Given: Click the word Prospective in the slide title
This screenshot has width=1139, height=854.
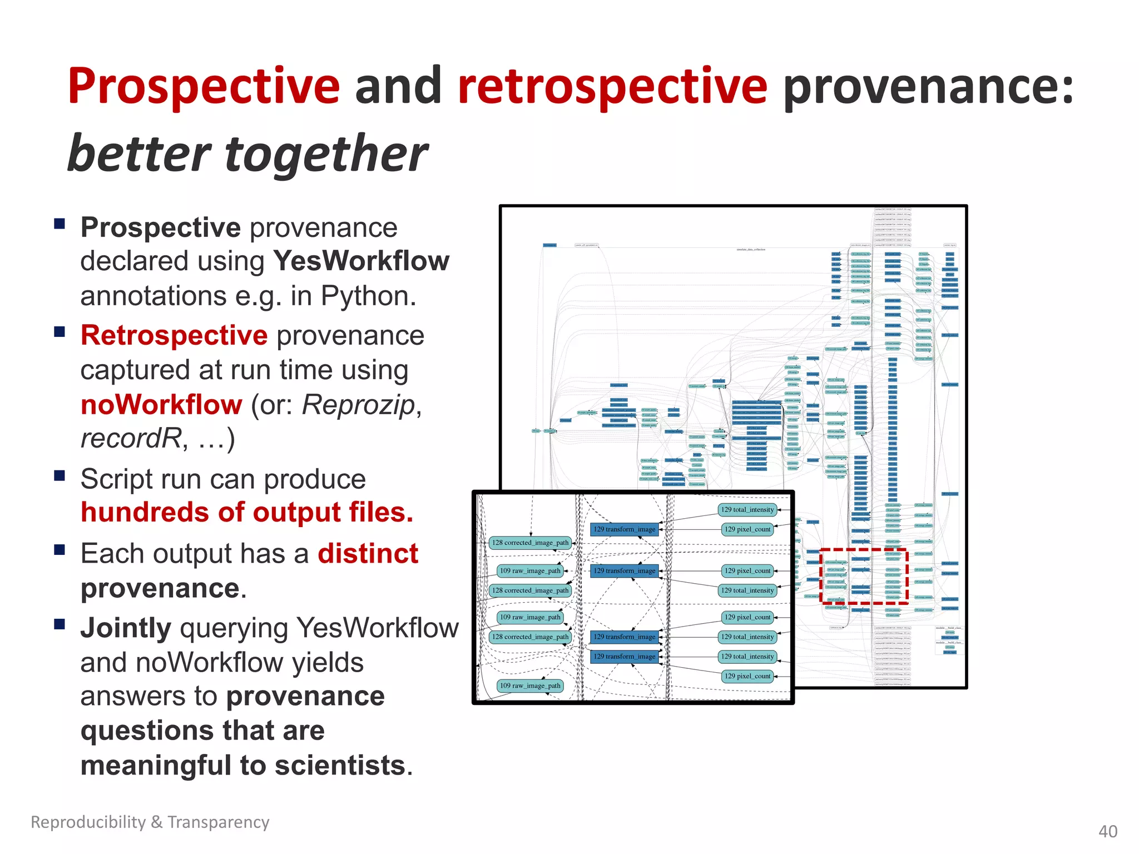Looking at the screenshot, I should coord(204,86).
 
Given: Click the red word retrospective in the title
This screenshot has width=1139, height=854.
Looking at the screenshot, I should coord(612,86).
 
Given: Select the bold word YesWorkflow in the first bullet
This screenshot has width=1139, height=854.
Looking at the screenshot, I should coord(361,261).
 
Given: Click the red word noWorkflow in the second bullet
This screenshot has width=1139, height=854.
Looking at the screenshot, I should coord(161,405).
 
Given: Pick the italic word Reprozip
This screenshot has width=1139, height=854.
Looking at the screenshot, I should coord(359,405).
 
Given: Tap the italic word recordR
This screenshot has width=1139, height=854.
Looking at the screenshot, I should coord(131,439).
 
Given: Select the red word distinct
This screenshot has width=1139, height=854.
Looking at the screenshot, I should coord(368,554).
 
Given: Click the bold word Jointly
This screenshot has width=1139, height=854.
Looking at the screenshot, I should coord(126,628).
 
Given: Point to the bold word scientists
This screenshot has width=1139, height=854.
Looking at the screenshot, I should coord(340,766).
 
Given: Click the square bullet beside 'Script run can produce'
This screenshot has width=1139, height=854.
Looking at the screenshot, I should coord(60,476).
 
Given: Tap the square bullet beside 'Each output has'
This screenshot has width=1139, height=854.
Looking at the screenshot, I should coord(60,550).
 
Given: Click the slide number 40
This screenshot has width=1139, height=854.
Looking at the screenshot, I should coord(1107,831).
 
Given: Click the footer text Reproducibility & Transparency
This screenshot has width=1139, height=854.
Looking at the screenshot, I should coord(150,822).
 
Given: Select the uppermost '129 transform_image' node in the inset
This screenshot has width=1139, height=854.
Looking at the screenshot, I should coord(624,529).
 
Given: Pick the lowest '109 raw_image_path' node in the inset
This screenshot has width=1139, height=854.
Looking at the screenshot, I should coord(529,686).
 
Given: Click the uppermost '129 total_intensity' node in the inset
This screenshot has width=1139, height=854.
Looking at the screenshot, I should coord(747,509).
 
